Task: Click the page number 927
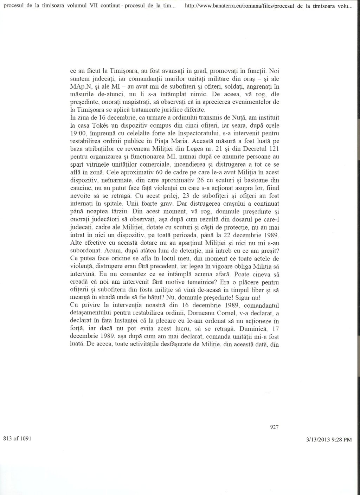coord(274,427)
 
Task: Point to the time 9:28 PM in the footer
coord(342,439)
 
